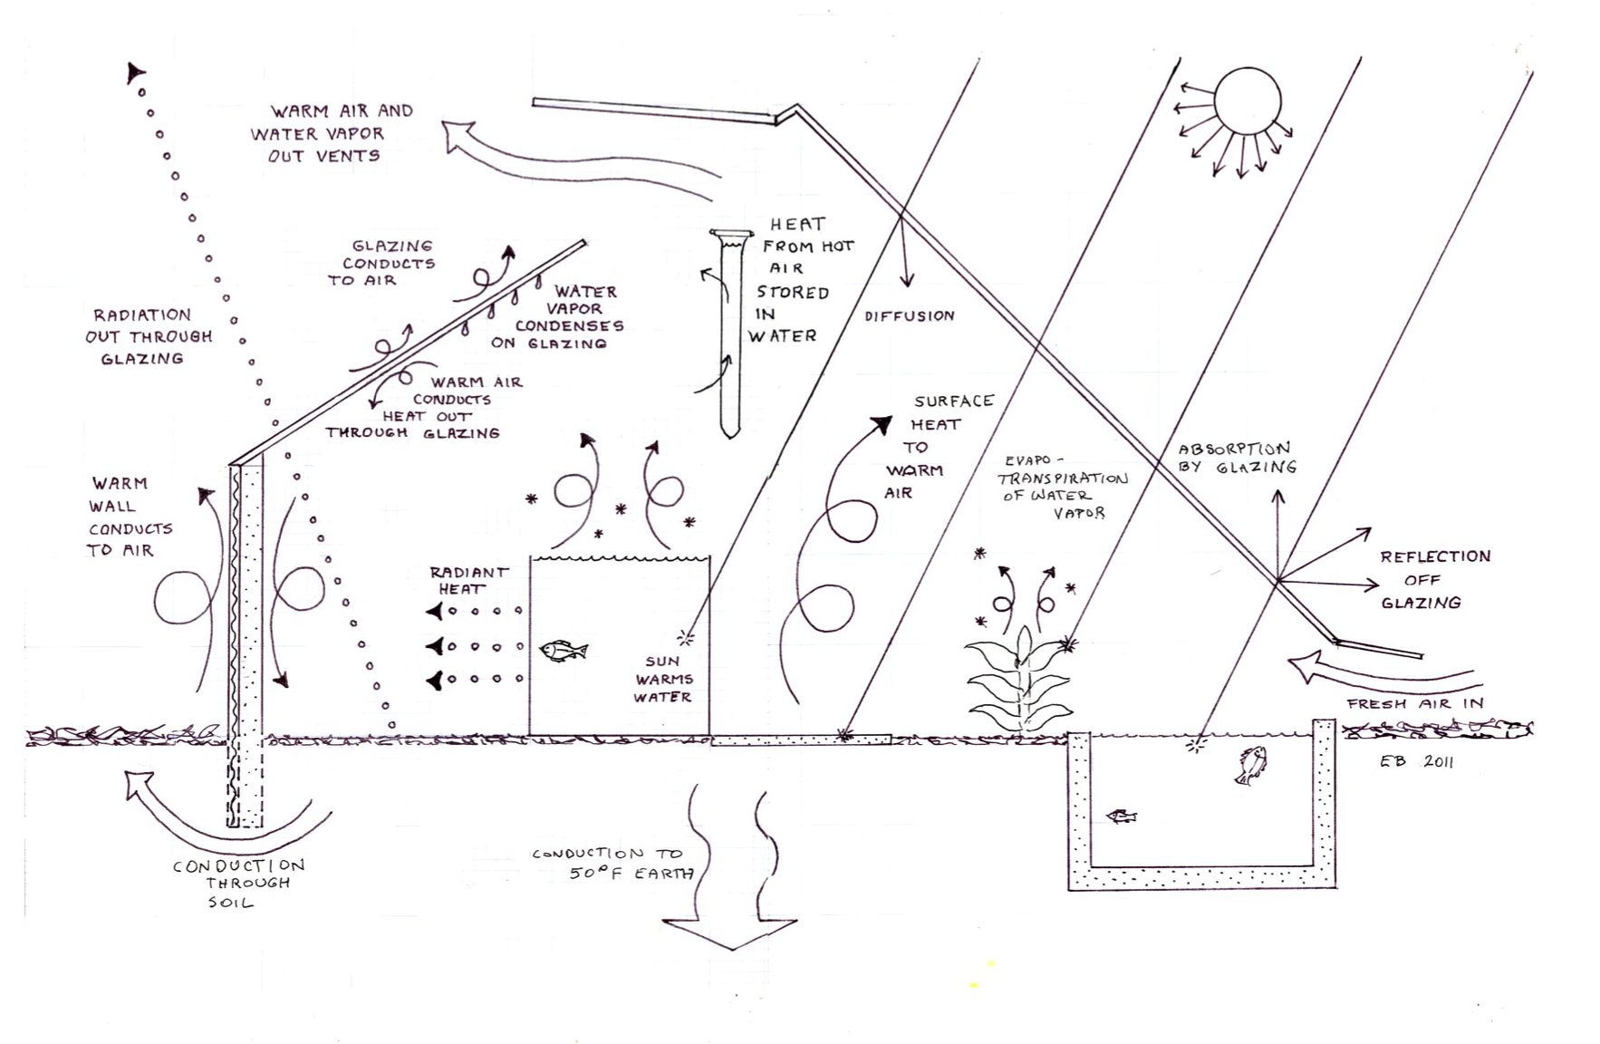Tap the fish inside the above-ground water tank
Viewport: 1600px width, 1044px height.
pos(563,650)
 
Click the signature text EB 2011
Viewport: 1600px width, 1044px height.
pos(1416,762)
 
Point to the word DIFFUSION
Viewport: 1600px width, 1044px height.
pos(909,315)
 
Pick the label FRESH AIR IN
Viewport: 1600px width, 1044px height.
pos(1414,703)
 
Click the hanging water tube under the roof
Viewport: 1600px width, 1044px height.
pos(731,331)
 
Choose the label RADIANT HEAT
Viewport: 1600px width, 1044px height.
pos(468,580)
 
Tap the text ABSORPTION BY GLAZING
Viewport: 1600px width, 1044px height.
pos(1236,458)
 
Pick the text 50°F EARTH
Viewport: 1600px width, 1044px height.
pos(631,873)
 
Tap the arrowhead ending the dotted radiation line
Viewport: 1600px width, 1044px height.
pos(136,72)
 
